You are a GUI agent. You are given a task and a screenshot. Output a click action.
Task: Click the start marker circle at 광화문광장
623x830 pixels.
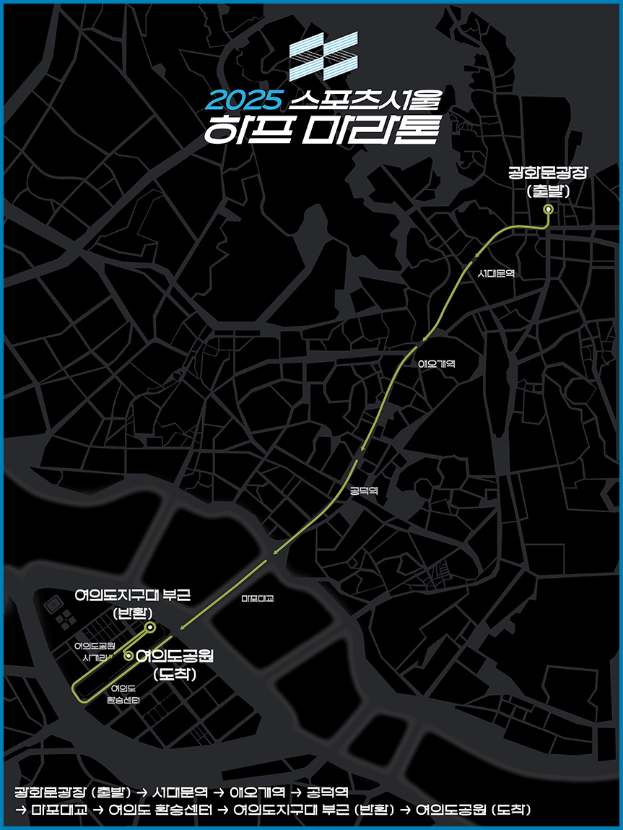[x=548, y=209]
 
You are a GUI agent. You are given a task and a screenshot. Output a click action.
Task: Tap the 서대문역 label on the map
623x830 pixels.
[x=496, y=274]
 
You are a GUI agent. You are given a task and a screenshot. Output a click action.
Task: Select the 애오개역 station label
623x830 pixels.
[x=437, y=364]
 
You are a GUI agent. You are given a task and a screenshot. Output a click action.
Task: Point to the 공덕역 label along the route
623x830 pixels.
[x=364, y=490]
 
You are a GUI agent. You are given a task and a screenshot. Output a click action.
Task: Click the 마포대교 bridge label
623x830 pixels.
[x=258, y=598]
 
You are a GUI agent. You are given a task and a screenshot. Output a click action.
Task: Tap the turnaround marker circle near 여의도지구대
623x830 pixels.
[x=149, y=627]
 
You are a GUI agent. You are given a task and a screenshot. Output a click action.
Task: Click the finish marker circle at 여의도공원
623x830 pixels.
[x=128, y=656]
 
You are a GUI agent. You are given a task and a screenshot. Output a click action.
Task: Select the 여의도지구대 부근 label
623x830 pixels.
[x=133, y=595]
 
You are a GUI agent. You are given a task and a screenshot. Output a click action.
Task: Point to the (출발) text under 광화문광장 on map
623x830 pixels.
[x=549, y=191]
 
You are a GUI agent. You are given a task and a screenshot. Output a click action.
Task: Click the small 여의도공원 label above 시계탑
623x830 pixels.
[x=95, y=645]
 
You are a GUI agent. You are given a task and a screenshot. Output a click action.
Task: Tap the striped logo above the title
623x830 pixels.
[x=323, y=56]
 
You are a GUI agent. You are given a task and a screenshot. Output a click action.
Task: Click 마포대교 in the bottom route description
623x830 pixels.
[x=59, y=809]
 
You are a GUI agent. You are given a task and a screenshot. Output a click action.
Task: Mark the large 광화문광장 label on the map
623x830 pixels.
[x=549, y=173]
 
